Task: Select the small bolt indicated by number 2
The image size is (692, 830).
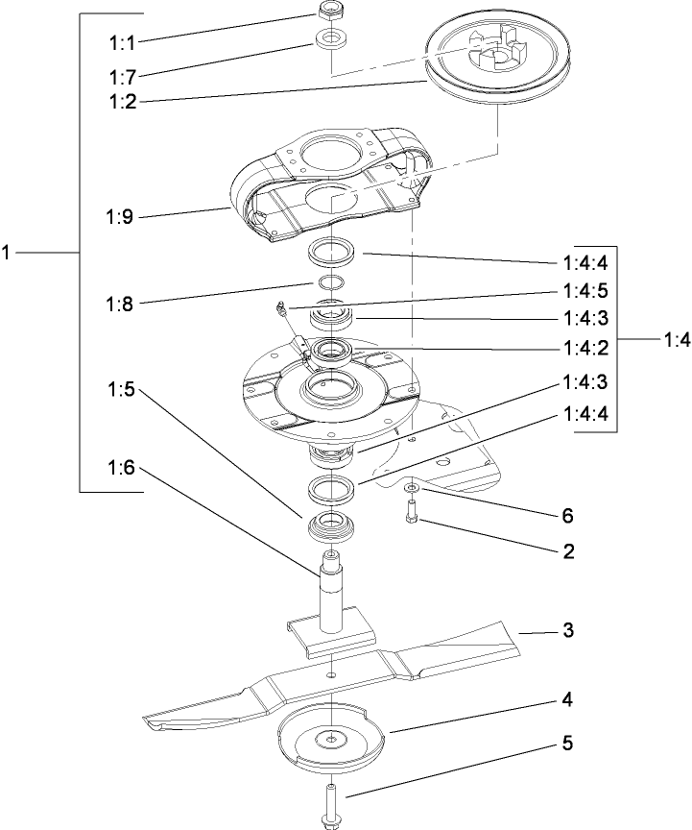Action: pos(410,516)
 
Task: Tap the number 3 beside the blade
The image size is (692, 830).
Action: pos(568,631)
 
